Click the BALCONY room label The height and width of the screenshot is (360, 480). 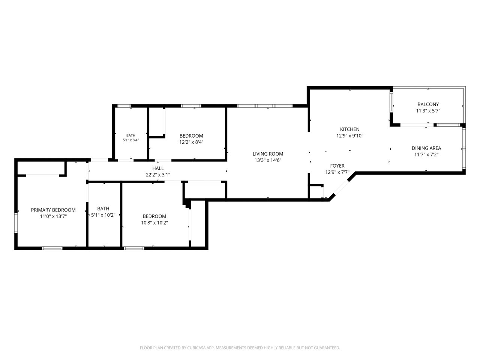(428, 105)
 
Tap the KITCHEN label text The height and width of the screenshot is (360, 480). (349, 129)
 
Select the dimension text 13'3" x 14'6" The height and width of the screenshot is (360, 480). (268, 160)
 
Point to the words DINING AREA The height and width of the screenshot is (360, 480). (426, 148)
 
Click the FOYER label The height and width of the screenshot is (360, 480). (337, 166)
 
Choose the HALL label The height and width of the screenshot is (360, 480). (157, 168)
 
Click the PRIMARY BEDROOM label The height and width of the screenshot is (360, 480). (53, 210)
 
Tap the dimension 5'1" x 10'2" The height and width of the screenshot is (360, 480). (103, 215)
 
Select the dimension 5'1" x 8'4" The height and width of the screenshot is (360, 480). (130, 140)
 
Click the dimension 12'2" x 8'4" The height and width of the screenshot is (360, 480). (191, 142)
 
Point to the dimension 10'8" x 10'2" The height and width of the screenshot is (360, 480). (154, 223)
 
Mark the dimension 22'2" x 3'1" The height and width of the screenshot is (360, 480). (157, 175)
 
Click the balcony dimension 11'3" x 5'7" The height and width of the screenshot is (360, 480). (428, 111)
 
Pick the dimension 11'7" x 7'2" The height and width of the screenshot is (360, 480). (426, 154)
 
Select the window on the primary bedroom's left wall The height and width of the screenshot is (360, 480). (16, 223)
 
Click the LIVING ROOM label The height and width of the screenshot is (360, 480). (268, 154)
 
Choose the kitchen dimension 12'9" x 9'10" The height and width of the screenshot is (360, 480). (349, 136)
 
